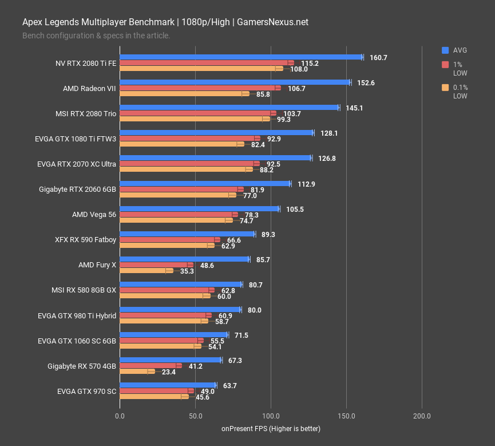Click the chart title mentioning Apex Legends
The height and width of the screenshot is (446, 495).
[165, 22]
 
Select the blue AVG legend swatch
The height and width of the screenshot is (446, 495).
[445, 50]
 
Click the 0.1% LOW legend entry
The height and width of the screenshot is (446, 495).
[460, 92]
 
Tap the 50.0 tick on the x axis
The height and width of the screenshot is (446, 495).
[195, 416]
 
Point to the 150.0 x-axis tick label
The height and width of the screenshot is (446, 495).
[346, 416]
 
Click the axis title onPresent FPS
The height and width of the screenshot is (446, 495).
[271, 429]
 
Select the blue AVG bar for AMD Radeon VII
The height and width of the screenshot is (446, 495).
[235, 82]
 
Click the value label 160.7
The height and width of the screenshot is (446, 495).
[378, 58]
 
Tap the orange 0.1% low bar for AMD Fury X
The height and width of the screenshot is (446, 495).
[146, 270]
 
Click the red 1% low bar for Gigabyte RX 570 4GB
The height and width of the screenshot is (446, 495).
[150, 365]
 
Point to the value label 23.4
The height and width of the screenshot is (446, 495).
[169, 372]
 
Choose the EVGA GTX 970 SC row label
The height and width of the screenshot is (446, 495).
[86, 391]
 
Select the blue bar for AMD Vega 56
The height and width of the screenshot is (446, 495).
[199, 209]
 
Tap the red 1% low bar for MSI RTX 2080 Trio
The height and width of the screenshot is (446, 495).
[197, 113]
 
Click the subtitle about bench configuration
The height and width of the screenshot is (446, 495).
[96, 35]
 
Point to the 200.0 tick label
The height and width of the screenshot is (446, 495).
[422, 416]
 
